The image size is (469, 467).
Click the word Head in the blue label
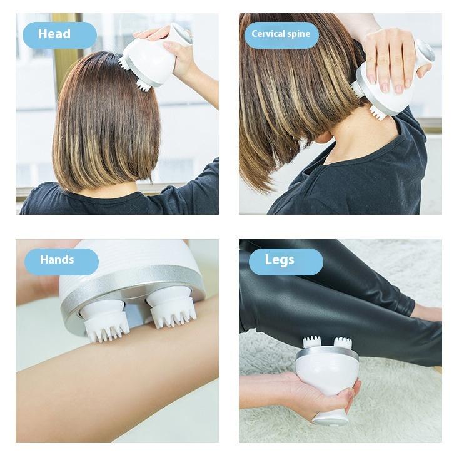click(54, 34)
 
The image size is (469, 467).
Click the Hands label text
click(57, 260)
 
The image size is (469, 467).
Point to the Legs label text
click(279, 260)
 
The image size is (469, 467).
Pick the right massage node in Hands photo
click(172, 309)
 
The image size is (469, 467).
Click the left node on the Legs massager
click(311, 343)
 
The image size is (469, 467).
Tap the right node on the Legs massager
click(342, 343)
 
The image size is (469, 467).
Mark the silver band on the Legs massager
click(326, 354)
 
